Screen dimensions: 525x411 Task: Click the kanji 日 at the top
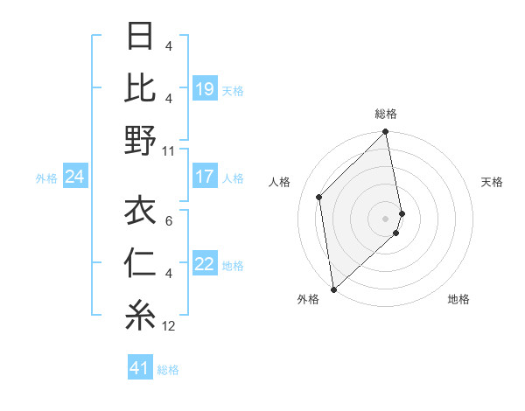140,38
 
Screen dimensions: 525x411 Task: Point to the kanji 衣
140,211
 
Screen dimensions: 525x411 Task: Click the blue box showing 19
205,89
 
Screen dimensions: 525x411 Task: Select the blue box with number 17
205,177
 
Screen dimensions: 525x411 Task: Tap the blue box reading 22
205,265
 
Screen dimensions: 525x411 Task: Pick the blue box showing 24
74,178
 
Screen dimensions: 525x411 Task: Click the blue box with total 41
140,369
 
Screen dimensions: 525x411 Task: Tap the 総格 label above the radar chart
386,114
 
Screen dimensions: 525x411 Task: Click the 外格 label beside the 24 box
46,178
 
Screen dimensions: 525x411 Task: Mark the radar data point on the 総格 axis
386,133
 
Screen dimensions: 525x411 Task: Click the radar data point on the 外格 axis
333,289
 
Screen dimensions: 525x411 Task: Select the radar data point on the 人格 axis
319,197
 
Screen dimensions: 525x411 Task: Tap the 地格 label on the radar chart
458,299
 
